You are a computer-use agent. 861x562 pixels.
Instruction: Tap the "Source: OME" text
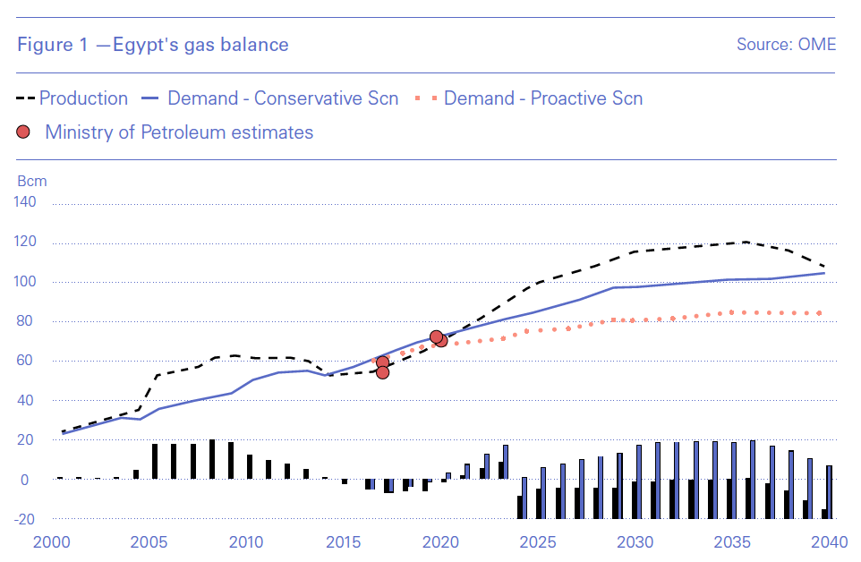(x=786, y=45)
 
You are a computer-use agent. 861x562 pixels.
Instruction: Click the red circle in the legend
(x=24, y=132)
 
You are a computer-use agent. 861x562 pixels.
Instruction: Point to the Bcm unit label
(x=32, y=181)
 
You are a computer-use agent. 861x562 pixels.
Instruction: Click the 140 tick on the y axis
(x=24, y=203)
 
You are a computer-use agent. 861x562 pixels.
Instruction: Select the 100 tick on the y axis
(x=24, y=282)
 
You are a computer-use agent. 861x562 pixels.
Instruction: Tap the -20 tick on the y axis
(x=24, y=519)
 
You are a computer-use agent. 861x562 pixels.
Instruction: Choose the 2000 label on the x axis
(x=51, y=542)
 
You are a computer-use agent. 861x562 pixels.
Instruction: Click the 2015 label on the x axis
(x=343, y=542)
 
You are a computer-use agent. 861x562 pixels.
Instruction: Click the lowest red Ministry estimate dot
(x=382, y=371)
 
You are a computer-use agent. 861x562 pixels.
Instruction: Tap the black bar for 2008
(x=212, y=459)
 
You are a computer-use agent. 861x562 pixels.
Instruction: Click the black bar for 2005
(x=155, y=461)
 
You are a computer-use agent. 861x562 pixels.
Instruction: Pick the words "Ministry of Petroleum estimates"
(x=179, y=132)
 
